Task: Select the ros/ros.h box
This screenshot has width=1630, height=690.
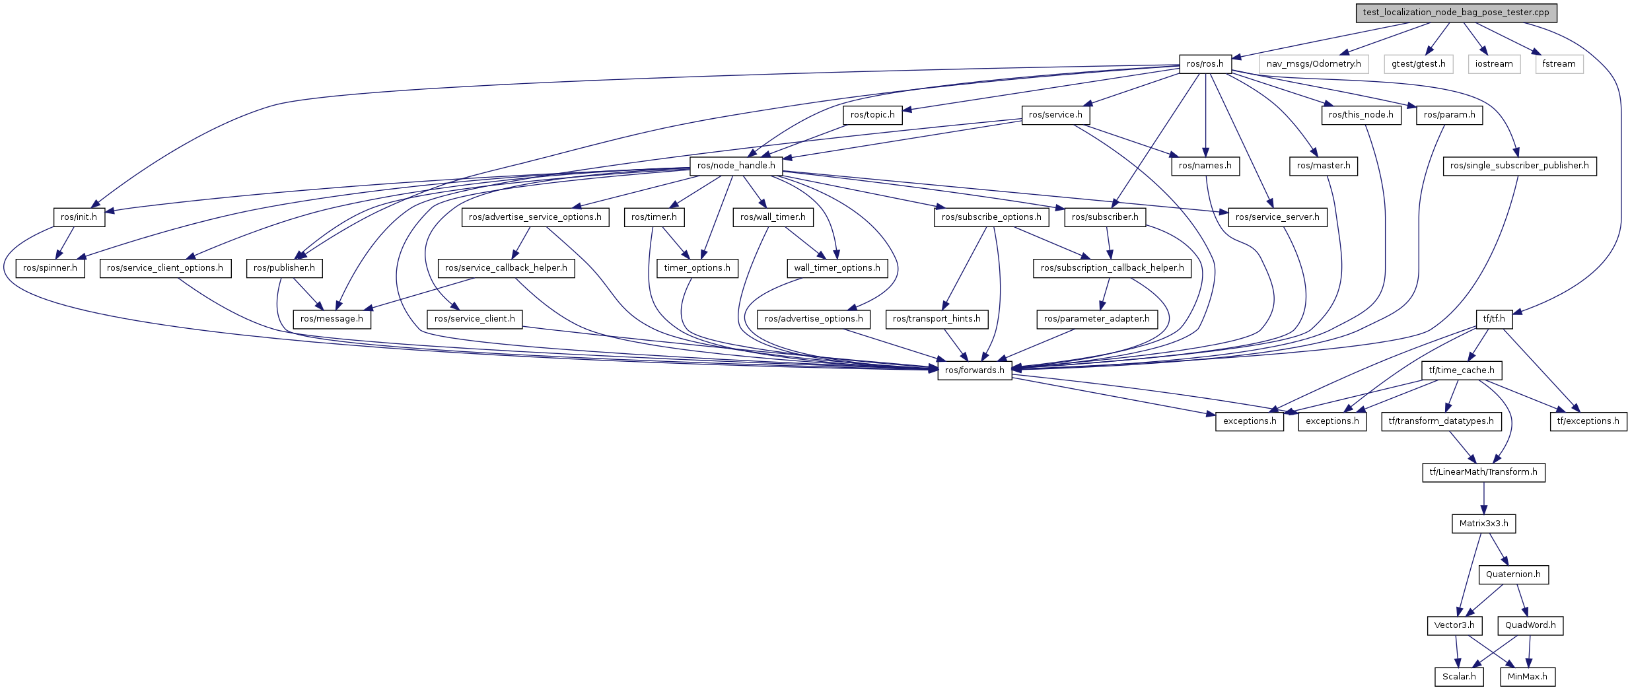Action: point(1205,64)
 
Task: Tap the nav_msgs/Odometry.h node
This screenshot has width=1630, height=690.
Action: point(1313,64)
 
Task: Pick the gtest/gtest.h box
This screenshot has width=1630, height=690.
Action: point(1418,64)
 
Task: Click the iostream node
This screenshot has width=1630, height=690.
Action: point(1493,64)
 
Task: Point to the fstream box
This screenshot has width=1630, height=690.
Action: point(1559,64)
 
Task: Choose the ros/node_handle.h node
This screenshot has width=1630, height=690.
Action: point(736,166)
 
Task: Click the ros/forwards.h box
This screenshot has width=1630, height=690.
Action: point(974,370)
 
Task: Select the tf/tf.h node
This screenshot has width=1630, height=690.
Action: point(1493,319)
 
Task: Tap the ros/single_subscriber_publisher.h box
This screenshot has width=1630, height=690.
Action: point(1519,166)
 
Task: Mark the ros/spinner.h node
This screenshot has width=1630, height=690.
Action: point(50,268)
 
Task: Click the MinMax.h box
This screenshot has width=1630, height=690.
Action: point(1527,677)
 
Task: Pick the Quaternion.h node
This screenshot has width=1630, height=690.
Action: point(1513,574)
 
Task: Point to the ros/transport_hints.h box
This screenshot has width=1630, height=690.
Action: point(936,319)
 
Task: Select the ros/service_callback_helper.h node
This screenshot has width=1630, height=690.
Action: point(505,268)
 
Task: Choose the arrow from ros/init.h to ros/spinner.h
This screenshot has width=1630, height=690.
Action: point(65,242)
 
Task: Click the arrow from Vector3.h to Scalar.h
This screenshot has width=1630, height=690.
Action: point(1456,651)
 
